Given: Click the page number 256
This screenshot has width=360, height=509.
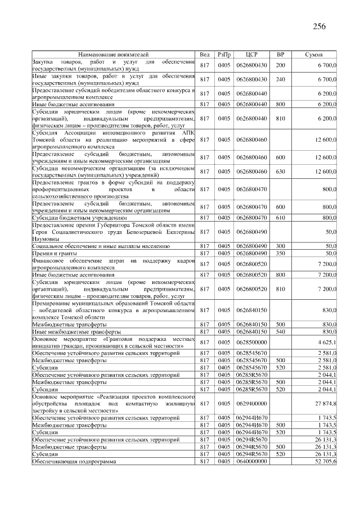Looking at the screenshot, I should [319, 26].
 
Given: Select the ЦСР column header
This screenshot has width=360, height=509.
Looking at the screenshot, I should [252, 55].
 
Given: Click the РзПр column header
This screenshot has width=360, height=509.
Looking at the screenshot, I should [225, 55].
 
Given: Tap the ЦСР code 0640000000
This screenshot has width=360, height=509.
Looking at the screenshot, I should [252, 461].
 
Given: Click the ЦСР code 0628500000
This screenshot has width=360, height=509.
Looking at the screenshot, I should [252, 341].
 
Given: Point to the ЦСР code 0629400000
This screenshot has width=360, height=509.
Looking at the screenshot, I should [252, 404].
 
